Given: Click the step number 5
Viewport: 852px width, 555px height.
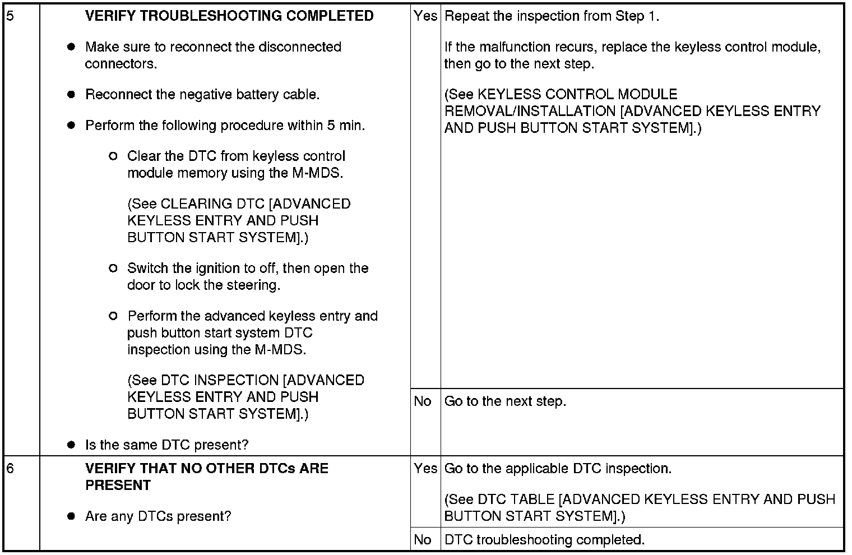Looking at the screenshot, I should point(10,16).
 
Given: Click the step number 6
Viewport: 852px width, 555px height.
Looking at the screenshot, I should point(10,469).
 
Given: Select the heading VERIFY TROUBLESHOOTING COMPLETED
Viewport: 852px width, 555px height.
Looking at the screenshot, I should point(229,16).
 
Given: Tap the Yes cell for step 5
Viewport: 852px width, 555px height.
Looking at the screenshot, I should point(425,16).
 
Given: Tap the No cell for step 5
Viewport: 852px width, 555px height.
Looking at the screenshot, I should point(423,401).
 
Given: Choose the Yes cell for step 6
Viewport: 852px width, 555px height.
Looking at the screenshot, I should point(425,469).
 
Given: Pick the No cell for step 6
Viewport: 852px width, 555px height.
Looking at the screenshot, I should point(423,540).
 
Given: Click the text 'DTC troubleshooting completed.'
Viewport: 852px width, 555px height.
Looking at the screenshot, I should point(544,540).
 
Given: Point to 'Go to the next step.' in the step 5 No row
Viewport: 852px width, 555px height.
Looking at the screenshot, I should point(505,401).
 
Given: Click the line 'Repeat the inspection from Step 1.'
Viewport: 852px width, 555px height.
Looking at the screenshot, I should point(552,16).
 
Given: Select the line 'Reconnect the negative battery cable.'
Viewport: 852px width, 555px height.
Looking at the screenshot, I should point(202,95).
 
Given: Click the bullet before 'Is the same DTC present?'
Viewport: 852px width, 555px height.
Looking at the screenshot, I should point(71,445).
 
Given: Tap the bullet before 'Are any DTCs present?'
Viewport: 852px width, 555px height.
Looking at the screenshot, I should point(71,516).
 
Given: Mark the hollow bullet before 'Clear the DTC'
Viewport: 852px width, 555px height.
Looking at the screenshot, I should point(113,156).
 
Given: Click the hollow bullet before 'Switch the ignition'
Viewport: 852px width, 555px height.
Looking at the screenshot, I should point(113,269).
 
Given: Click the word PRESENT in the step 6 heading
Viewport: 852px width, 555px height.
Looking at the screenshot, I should point(118,485).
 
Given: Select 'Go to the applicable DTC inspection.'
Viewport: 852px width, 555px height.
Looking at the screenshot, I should point(558,469).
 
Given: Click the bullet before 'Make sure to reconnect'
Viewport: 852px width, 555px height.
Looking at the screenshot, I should point(71,47).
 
